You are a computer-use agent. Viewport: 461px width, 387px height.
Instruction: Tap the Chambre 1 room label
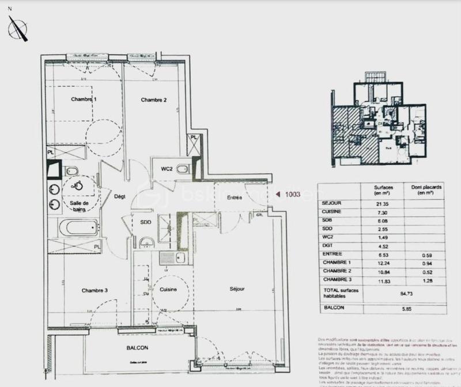click(x=84, y=100)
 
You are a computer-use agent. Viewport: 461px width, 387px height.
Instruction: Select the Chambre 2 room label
click(x=154, y=100)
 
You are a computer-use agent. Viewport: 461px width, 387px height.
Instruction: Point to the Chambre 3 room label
click(x=95, y=290)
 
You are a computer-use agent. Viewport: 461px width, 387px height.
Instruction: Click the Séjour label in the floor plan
click(x=236, y=289)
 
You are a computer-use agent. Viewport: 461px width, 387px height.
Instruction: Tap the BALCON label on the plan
click(x=137, y=348)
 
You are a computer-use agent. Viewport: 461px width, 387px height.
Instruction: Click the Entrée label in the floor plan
click(x=234, y=198)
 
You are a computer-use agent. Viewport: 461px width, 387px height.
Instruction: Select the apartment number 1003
click(x=293, y=195)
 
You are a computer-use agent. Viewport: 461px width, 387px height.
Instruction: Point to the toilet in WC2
click(x=183, y=169)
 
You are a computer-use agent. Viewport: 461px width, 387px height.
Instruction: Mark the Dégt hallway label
click(x=119, y=196)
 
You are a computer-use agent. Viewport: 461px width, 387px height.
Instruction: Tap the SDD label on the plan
click(x=145, y=223)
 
